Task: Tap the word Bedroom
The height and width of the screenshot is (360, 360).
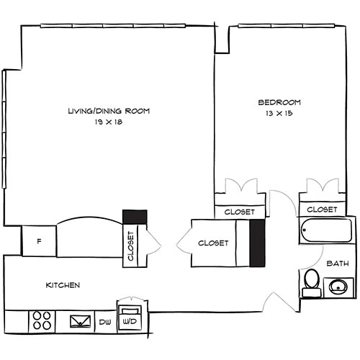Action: click(279, 102)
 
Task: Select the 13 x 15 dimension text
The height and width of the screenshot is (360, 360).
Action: click(279, 113)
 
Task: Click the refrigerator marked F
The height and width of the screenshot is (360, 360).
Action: click(39, 240)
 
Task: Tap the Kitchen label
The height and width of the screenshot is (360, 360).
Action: click(63, 285)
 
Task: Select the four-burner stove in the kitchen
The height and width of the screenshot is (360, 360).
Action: click(42, 320)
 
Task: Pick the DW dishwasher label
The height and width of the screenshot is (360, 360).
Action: click(105, 321)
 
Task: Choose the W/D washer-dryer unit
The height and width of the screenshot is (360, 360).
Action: click(130, 316)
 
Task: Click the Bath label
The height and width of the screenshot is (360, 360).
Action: click(337, 264)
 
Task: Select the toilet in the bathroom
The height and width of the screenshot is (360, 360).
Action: click(312, 281)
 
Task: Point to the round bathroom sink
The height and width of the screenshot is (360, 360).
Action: click(337, 287)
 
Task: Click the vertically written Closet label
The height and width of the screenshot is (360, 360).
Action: click(130, 246)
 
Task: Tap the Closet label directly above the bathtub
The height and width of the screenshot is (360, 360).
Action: click(321, 210)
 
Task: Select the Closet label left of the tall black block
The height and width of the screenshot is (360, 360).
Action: click(214, 243)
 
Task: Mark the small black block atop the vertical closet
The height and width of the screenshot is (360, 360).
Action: click(135, 216)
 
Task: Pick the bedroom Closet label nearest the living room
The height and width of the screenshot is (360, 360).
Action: click(238, 212)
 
